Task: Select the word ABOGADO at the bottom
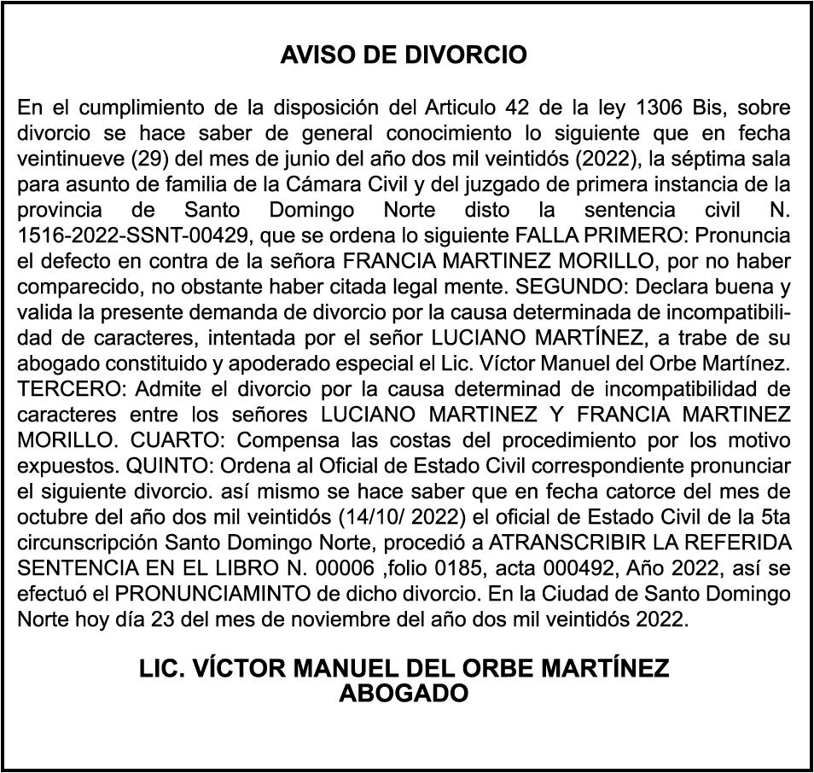pyautogui.click(x=404, y=694)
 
